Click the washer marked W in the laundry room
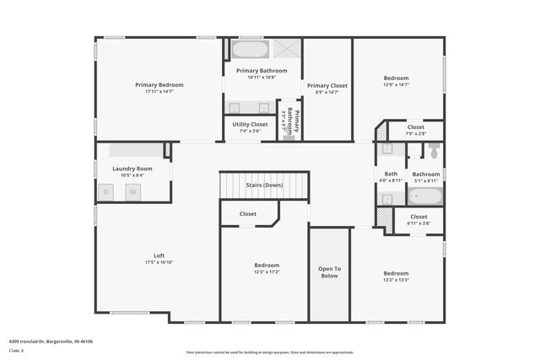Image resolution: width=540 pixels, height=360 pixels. pos(132,192)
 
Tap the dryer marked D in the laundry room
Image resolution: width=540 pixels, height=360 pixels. pos(107,192)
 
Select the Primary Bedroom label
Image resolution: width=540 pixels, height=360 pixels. pos(159,84)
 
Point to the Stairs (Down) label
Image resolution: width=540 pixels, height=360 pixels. pos(264,185)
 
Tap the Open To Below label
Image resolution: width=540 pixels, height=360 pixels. pos(329,271)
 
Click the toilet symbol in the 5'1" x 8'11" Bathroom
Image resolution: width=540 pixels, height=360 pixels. pos(434,151)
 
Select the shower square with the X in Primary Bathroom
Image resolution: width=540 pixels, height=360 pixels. pos(287,48)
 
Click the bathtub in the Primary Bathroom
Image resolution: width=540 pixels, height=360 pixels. pos(250,48)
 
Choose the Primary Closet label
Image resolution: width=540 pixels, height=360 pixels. pos(327,85)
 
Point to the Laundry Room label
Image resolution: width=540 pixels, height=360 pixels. pos(132,169)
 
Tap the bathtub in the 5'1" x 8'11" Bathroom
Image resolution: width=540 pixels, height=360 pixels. pos(425,196)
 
